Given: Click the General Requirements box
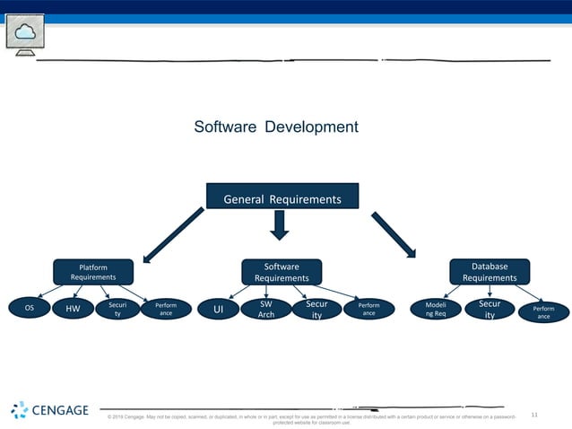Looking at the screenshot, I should click(x=282, y=198).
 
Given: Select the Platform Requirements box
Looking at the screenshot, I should click(x=93, y=272).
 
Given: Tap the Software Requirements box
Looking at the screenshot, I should click(x=282, y=272).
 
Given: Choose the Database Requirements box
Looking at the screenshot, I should click(x=490, y=272).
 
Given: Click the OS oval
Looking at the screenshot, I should click(x=30, y=308).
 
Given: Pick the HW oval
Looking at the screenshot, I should click(x=73, y=310).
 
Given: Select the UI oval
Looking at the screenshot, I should click(x=217, y=310).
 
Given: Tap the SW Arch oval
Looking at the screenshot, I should click(x=266, y=310).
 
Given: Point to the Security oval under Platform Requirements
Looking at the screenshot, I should click(x=117, y=310).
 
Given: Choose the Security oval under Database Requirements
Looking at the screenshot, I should click(x=490, y=310).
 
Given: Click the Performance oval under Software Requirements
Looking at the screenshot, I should click(x=368, y=310).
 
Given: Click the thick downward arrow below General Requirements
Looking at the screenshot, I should click(x=280, y=225).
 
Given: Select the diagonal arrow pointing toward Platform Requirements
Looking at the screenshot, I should click(x=173, y=235).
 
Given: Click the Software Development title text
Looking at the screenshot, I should click(x=276, y=127).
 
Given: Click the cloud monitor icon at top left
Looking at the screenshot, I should click(x=24, y=34).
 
